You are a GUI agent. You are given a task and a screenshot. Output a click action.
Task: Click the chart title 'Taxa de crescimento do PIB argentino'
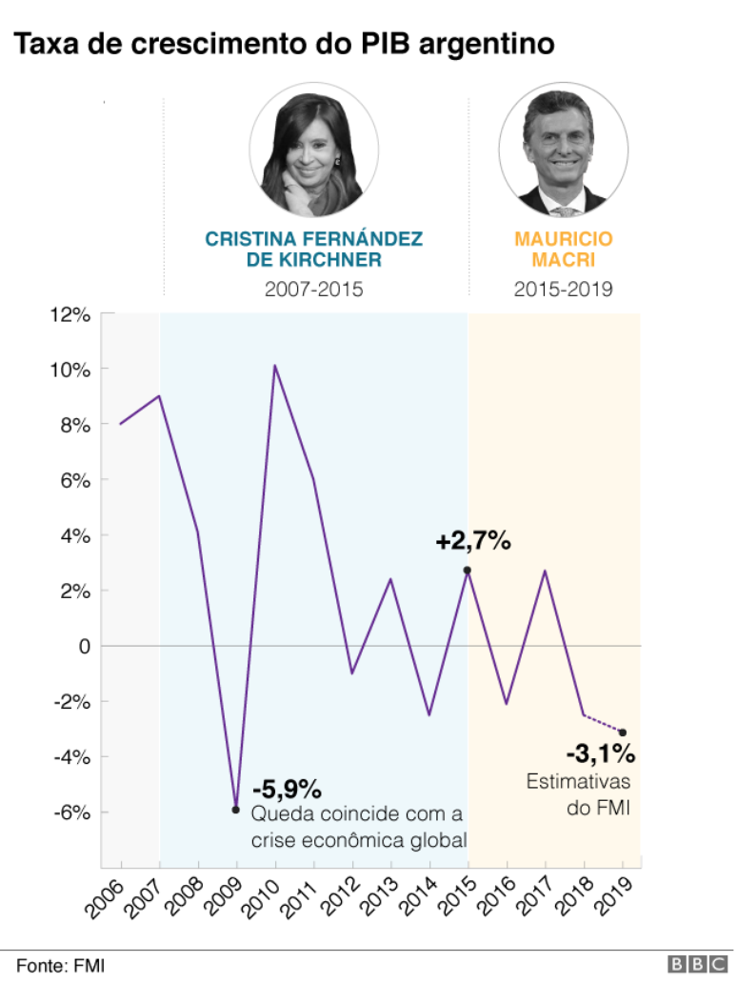283,43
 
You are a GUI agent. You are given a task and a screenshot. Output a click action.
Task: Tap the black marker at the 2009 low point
236,810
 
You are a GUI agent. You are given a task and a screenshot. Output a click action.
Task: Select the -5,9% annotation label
287,790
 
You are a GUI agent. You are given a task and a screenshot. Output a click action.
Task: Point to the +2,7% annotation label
473,542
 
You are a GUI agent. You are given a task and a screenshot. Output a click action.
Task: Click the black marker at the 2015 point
468,571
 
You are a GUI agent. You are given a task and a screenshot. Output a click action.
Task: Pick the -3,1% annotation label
600,755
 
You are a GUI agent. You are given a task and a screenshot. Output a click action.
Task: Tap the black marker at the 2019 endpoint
623,732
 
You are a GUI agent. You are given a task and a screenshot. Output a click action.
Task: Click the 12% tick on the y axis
71,314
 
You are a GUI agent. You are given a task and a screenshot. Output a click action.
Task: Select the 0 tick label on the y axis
85,646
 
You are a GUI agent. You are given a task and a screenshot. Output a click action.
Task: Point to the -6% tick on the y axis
71,812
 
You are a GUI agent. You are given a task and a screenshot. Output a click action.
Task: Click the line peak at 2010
275,366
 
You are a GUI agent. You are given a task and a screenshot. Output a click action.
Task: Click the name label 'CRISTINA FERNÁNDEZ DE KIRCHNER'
314,250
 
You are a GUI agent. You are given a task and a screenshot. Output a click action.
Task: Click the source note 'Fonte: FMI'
60,965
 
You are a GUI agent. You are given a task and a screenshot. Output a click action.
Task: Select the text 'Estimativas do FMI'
579,795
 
